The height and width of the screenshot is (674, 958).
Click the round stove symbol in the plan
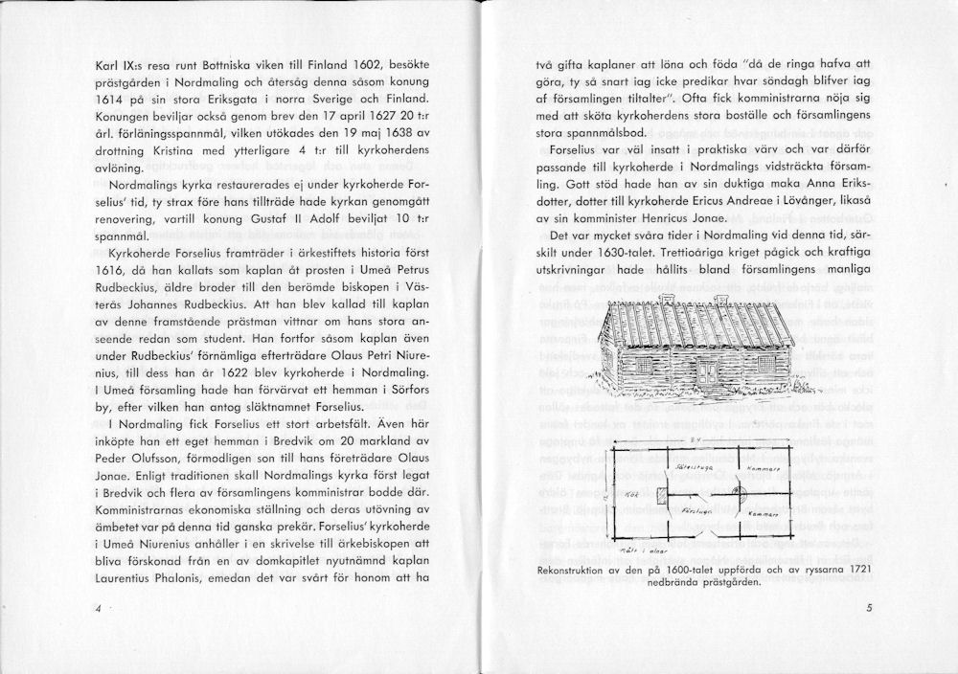(738, 493)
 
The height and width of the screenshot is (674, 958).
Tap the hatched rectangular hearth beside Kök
(661, 496)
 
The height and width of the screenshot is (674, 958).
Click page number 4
(99, 608)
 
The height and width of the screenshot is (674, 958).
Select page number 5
(867, 606)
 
